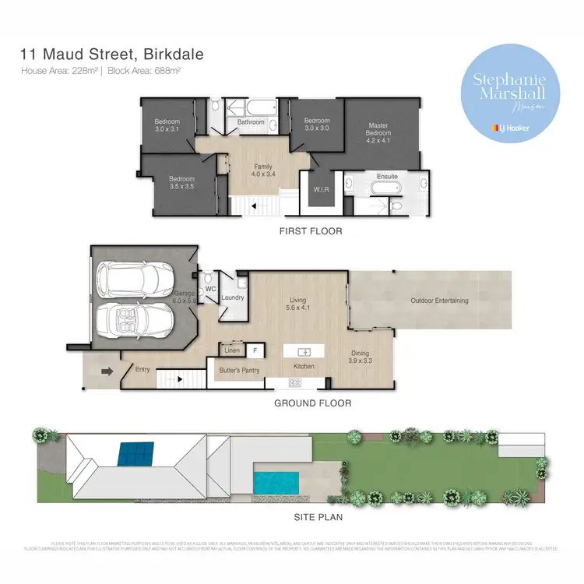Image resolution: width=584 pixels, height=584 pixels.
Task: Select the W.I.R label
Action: [x=320, y=188]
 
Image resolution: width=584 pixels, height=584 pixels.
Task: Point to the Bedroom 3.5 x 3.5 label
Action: [x=181, y=181]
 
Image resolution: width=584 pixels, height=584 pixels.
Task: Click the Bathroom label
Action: [x=251, y=122]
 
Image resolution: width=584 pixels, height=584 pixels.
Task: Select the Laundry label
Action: [x=233, y=297]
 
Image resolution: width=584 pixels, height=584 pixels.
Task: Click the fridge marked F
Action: [x=255, y=350]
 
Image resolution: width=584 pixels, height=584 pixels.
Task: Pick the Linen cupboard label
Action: [x=231, y=350]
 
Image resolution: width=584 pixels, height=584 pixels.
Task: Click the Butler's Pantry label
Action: [x=239, y=370]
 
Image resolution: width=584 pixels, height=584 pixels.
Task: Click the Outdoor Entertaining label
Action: [x=440, y=301]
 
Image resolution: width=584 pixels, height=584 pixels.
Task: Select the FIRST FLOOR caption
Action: [x=311, y=231]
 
